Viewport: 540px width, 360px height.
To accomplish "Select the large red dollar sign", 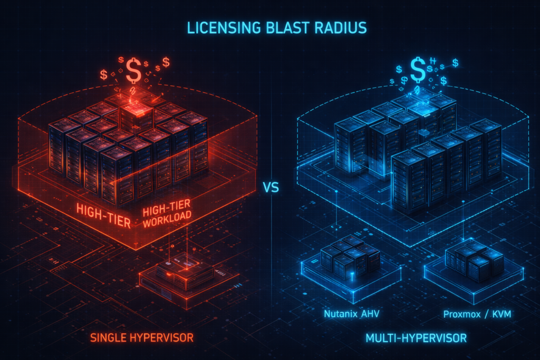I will [x=133, y=71].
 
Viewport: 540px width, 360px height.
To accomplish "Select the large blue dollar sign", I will [x=418, y=70].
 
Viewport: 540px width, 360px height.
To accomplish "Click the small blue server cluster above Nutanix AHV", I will [x=349, y=257].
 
